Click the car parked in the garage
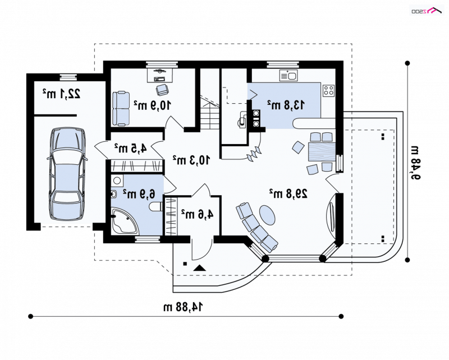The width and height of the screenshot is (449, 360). pos(67,174)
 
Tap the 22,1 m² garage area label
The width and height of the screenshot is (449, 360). pos(62,94)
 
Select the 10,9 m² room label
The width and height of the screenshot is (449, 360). pos(152,105)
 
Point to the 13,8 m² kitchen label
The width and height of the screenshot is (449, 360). pos(286,105)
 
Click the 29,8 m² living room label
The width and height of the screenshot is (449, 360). pos(288,193)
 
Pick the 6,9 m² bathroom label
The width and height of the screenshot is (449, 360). pos(139,194)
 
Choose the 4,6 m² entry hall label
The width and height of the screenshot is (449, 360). pos(197,214)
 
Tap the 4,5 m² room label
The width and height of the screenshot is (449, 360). pos(130,148)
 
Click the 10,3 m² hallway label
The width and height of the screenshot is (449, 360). pos(191,160)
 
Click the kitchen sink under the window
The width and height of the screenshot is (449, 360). pos(288,76)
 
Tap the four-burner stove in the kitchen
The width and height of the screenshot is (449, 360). pos(329,90)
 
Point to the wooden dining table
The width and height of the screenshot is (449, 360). pos(322,151)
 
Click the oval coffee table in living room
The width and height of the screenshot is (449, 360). pos(267,215)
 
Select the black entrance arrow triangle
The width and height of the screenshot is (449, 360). pos(200,268)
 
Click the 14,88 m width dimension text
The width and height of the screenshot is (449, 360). pos(183,307)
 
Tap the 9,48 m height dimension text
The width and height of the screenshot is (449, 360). pos(415,162)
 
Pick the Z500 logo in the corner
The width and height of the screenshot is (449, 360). pos(427,11)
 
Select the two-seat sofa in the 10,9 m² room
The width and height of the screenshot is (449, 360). pos(121,108)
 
